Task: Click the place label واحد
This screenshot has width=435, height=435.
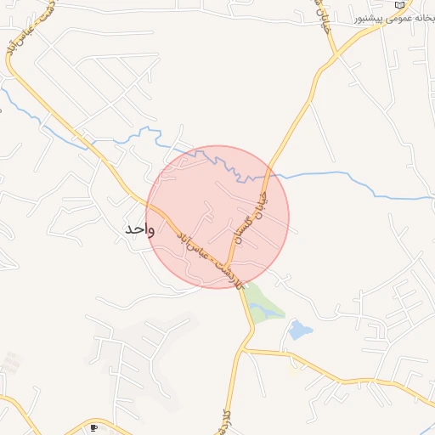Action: [138, 229]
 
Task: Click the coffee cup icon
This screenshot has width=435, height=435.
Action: [93, 427]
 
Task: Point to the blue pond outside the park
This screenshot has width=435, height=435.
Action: [299, 330]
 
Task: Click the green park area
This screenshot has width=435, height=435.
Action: [261, 302]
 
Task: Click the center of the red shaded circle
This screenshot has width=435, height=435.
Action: [218, 217]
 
